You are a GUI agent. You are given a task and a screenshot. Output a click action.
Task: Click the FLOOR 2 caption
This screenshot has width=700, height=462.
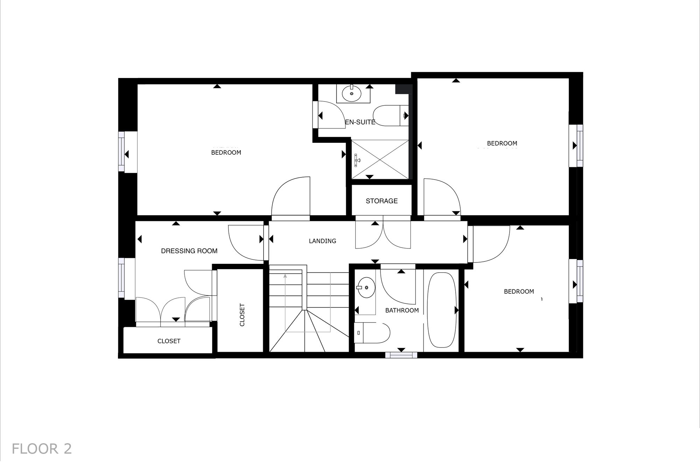tap(42, 449)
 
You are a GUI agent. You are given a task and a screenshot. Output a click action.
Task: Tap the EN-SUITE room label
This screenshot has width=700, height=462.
tap(360, 122)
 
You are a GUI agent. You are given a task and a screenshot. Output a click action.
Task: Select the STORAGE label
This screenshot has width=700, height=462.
tap(381, 201)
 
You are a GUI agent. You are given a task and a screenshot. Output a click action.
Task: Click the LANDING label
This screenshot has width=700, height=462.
tap(322, 241)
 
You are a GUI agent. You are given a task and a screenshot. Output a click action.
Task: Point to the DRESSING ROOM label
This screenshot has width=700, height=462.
tap(189, 251)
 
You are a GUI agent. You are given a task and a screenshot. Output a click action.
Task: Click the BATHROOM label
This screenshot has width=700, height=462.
tap(402, 310)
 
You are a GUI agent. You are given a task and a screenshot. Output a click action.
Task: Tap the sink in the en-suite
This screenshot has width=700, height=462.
tap(352, 93)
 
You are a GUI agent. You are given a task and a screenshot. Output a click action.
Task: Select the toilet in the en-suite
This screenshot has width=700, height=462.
tap(388, 115)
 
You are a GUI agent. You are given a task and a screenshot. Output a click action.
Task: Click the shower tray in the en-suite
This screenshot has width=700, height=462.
tap(380, 160)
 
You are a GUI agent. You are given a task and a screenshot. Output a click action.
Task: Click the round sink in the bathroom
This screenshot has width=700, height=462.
tap(366, 287)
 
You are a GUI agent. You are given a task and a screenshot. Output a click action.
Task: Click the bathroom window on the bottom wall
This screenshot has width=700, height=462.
tap(401, 355)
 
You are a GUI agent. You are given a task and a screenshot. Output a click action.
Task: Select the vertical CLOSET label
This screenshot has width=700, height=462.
tap(242, 315)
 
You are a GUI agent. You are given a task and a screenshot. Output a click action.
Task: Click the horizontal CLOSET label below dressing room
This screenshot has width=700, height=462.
tap(169, 341)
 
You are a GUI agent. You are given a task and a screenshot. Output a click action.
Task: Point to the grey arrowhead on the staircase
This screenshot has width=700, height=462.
tap(285, 276)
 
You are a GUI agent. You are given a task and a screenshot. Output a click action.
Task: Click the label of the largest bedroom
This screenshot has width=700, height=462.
tap(226, 153)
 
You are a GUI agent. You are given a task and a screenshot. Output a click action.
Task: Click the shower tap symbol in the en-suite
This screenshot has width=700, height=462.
tap(357, 160)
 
